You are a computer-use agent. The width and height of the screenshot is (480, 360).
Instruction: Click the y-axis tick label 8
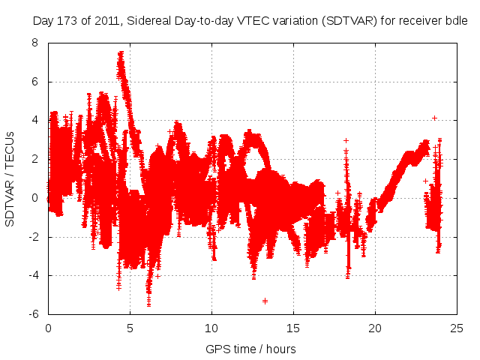click(x=34, y=43)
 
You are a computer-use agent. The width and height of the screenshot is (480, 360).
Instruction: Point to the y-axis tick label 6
click(x=34, y=82)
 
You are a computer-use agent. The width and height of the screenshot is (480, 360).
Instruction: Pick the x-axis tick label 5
click(x=130, y=328)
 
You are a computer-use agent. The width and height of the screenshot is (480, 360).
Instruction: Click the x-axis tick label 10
click(x=211, y=328)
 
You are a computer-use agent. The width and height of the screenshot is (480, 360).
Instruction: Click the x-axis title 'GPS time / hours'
click(x=250, y=349)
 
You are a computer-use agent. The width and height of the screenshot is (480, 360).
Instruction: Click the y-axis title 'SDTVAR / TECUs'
click(x=10, y=178)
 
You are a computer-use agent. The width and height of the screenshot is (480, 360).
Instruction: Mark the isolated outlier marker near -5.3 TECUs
click(x=265, y=301)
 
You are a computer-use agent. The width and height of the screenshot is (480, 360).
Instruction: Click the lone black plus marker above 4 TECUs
click(x=434, y=118)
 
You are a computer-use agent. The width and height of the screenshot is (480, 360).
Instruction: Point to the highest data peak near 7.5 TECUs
click(x=121, y=53)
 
